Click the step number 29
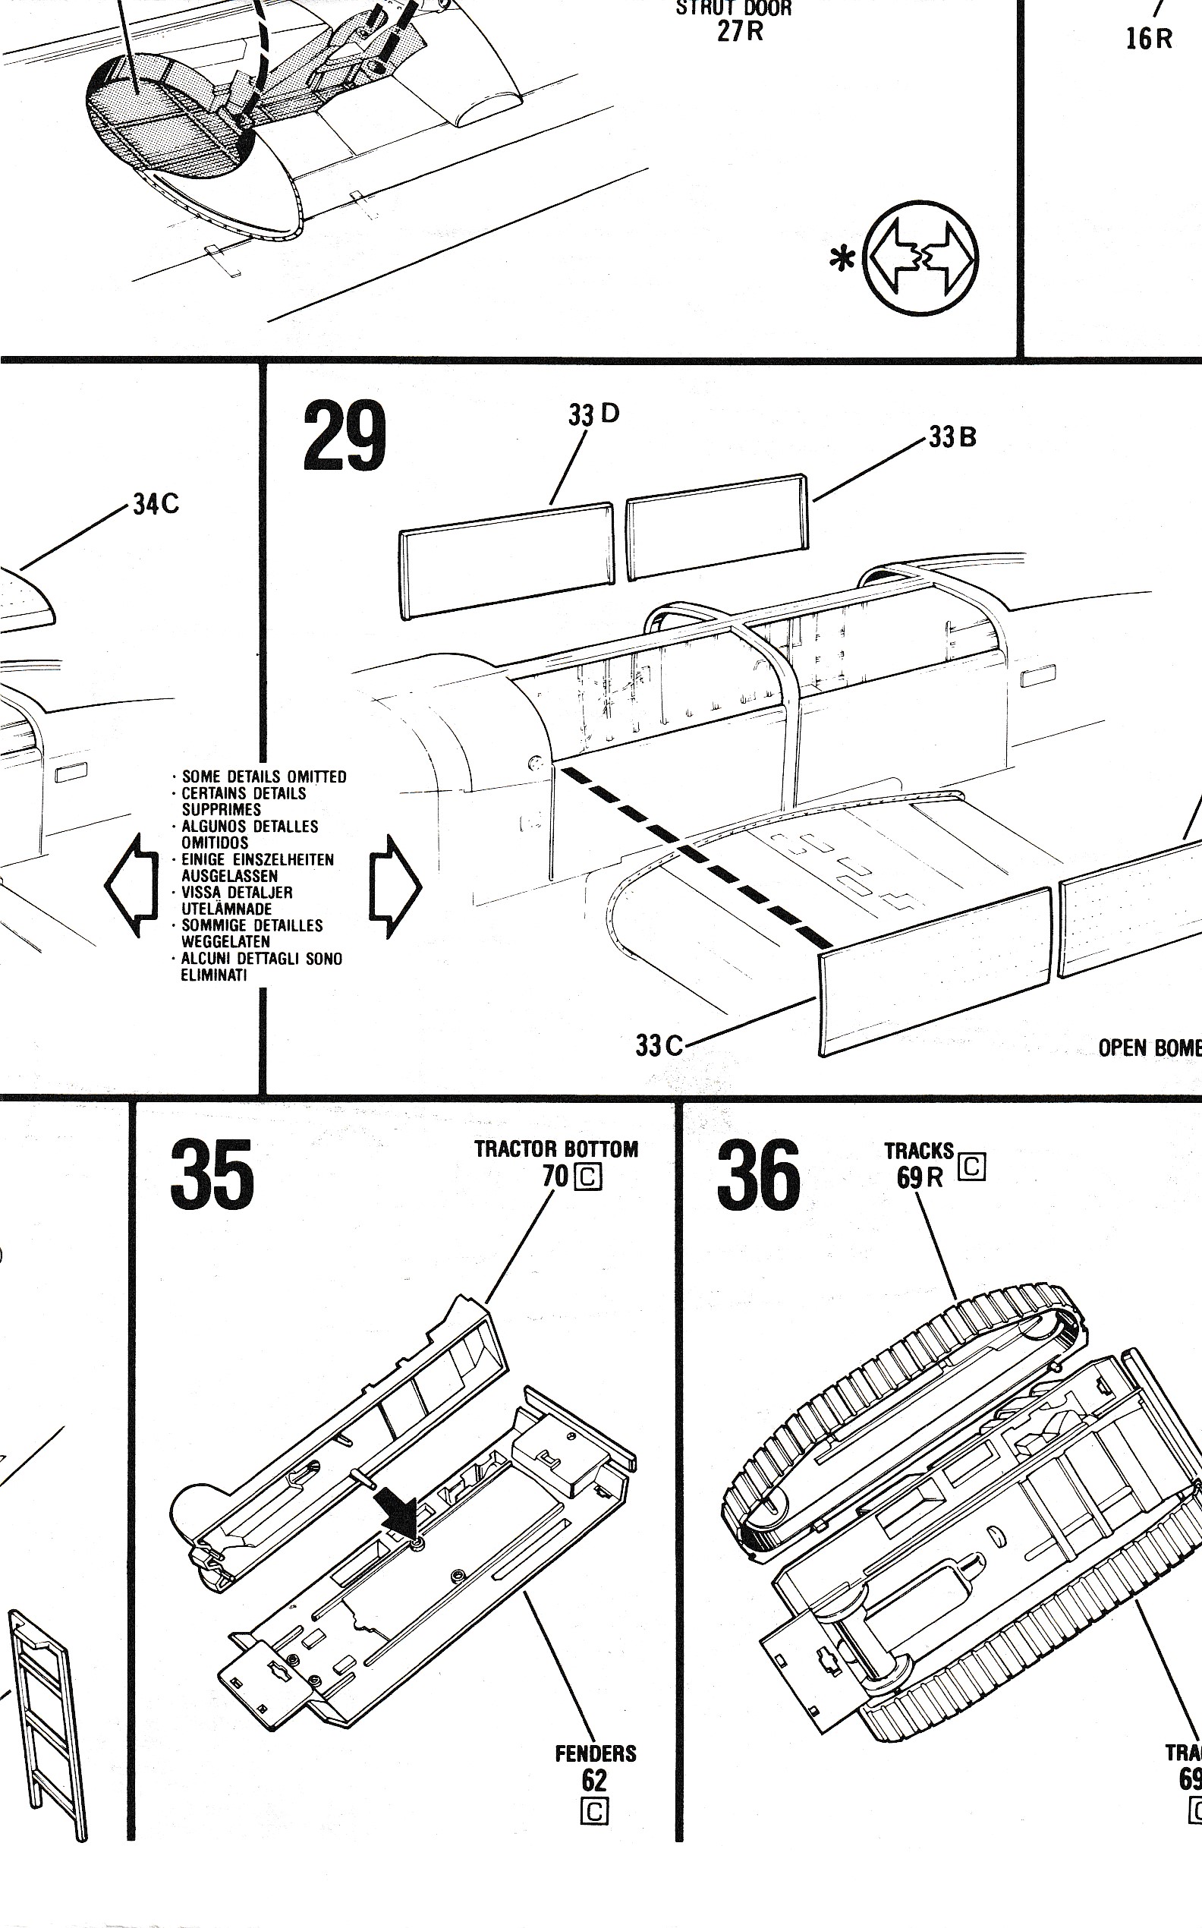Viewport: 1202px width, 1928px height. (x=345, y=436)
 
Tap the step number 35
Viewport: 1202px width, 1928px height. (x=212, y=1173)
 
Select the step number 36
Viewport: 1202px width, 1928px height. (x=757, y=1173)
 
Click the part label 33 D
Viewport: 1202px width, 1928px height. (x=593, y=414)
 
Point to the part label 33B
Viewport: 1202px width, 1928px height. (x=952, y=436)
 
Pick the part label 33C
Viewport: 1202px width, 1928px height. (x=659, y=1044)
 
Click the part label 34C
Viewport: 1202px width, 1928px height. (x=156, y=504)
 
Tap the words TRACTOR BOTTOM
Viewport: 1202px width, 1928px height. (x=555, y=1149)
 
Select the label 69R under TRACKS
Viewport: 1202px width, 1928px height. (x=920, y=1177)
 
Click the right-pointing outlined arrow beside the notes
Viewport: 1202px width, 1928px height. (x=395, y=885)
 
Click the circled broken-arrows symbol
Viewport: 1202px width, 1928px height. (x=922, y=257)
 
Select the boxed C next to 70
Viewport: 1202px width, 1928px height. (x=588, y=1177)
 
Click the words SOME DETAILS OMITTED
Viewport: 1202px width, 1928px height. (x=264, y=777)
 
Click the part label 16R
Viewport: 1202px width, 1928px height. (x=1149, y=38)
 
